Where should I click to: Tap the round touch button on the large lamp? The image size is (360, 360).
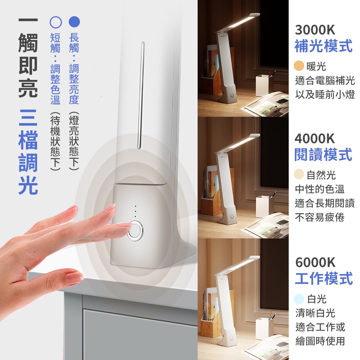tap(135, 231)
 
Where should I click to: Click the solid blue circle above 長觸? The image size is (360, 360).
tap(75, 22)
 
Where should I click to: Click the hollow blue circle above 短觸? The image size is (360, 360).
tap(56, 22)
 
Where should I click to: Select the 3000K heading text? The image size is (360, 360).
tap(315, 30)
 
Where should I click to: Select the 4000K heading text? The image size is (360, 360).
tap(315, 139)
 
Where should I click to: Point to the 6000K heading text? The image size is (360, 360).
tap(315, 262)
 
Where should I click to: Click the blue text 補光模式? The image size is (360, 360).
tap(324, 46)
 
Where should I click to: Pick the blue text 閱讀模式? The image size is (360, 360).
tap(323, 154)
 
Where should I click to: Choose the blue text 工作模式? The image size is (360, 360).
tap(324, 278)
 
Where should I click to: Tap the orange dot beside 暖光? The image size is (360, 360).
tap(299, 66)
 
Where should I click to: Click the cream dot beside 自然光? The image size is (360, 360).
tap(299, 174)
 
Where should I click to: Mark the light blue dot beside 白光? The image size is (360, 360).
tap(299, 299)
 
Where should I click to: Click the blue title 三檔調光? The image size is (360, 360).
tap(28, 152)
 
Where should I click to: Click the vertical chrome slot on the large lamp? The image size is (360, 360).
tap(141, 95)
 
